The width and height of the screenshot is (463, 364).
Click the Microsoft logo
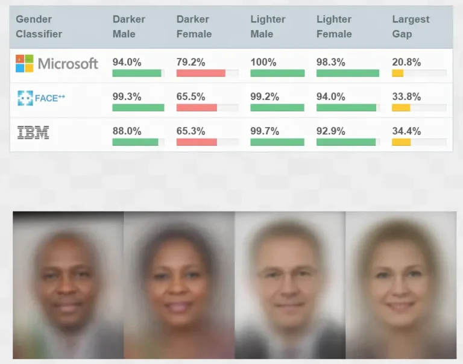[x=57, y=63]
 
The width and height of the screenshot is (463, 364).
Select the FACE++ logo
[x=41, y=98]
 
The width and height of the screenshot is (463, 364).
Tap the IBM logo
[x=33, y=133]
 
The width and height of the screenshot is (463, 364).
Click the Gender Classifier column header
[x=39, y=27]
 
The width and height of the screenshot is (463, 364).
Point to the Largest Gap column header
[x=411, y=27]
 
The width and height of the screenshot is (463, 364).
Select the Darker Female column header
[x=194, y=27]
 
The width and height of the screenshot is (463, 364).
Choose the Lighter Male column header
[x=268, y=27]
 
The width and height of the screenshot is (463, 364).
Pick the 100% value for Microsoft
[x=263, y=62]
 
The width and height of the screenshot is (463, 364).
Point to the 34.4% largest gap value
[x=406, y=131]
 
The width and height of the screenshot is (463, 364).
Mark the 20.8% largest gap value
[x=406, y=62]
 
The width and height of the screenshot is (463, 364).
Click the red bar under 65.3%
[x=197, y=142]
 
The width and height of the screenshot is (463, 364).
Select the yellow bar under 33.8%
[x=401, y=108]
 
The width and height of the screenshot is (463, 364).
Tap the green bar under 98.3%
[x=347, y=73]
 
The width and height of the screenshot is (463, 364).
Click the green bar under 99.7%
[x=277, y=142]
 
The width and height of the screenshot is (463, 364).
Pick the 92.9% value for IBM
[x=330, y=131]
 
